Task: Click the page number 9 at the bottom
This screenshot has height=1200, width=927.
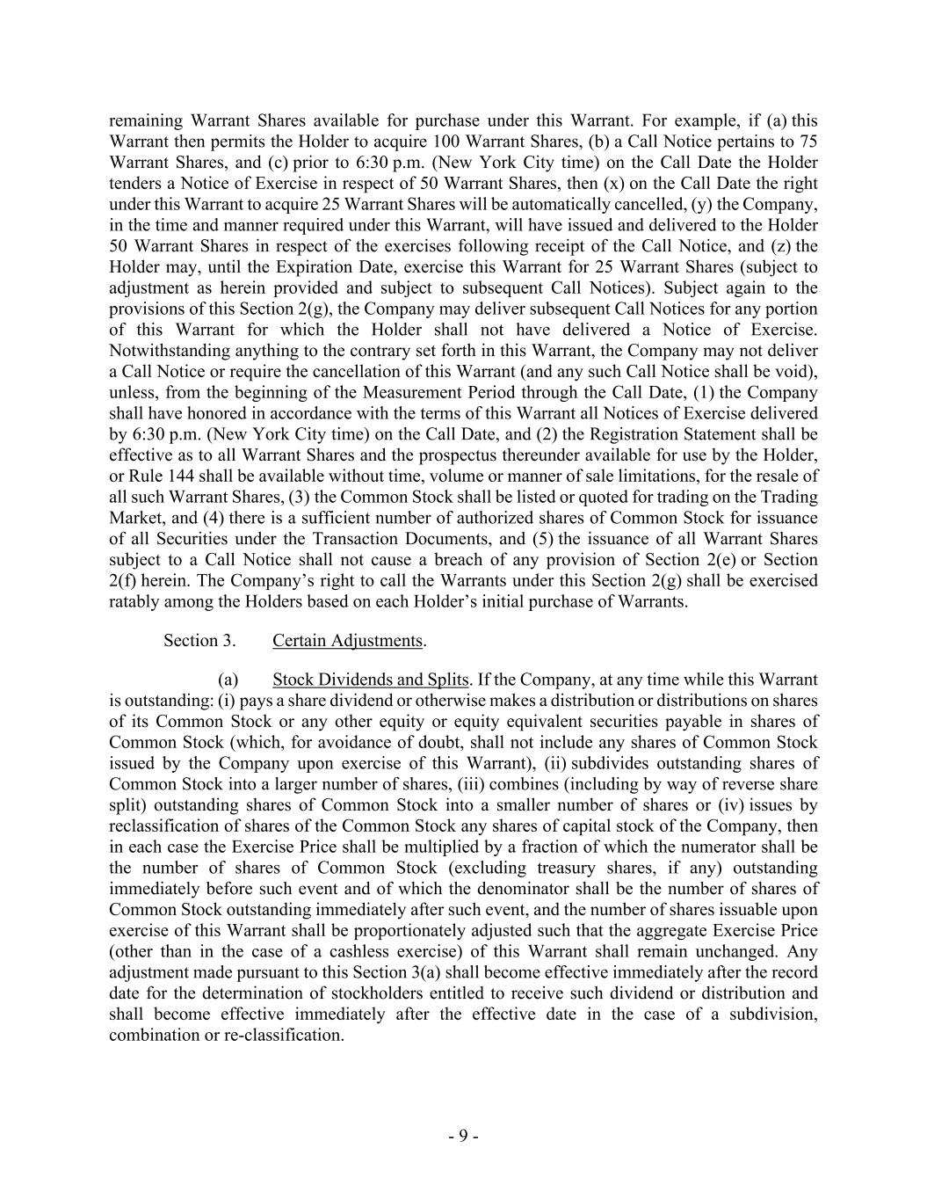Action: click(x=463, y=1136)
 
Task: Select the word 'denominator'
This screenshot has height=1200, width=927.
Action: click(x=595, y=889)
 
